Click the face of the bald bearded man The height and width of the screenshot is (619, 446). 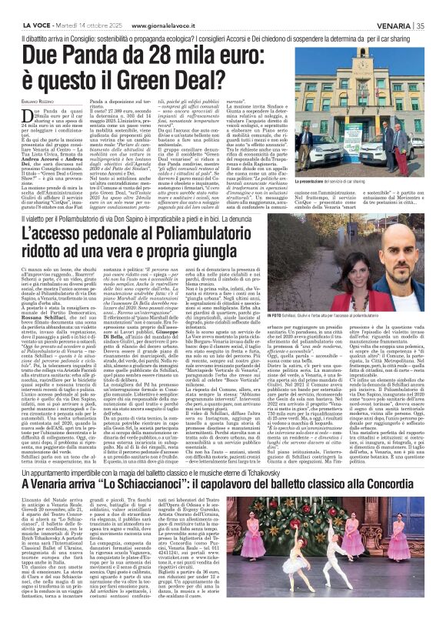411,245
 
